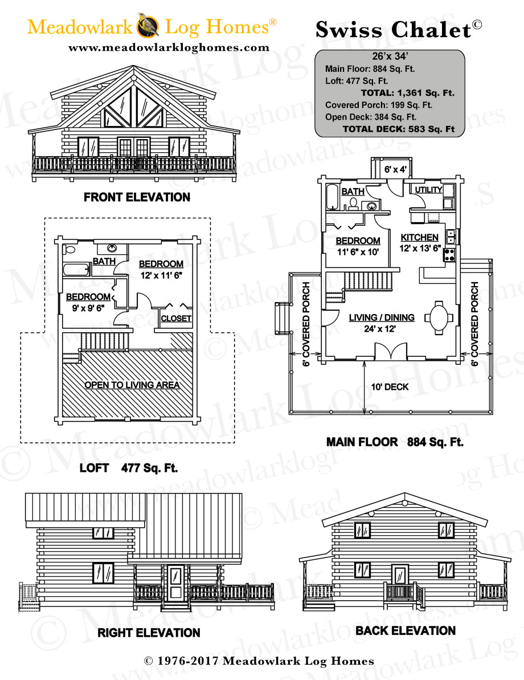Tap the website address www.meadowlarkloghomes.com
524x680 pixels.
[x=169, y=48]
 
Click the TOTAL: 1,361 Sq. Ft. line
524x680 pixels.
[x=407, y=93]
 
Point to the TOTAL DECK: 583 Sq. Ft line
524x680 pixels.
[x=398, y=129]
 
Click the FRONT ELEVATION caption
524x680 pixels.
[x=137, y=197]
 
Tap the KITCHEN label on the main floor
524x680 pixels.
[x=420, y=237]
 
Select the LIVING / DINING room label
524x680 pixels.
[x=382, y=317]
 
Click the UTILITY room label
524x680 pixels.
[x=428, y=189]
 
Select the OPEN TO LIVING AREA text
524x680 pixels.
[x=132, y=385]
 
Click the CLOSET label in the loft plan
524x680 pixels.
[x=176, y=318]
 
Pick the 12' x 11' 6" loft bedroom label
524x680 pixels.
[x=161, y=268]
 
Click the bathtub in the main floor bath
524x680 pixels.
[x=333, y=197]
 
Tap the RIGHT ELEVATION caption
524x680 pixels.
[x=149, y=633]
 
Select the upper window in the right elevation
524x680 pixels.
[x=103, y=532]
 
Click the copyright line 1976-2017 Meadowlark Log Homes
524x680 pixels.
[x=259, y=661]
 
